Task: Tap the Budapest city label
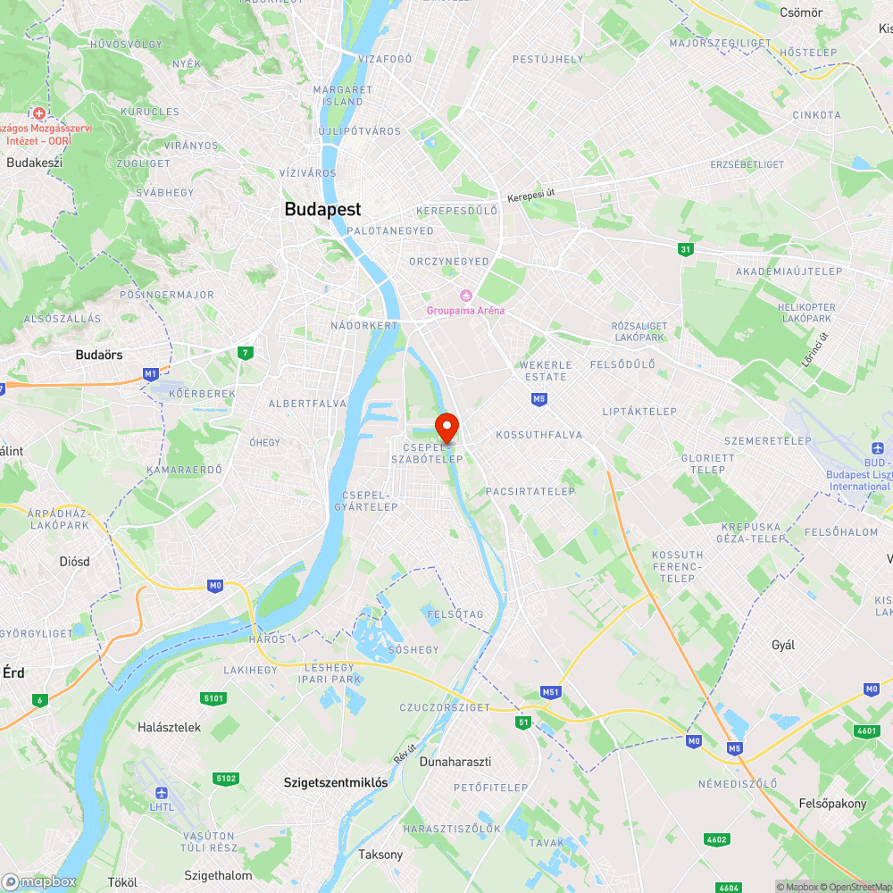tap(322, 209)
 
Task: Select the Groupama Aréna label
tap(465, 311)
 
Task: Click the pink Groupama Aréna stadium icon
tap(465, 296)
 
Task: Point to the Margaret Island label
tap(343, 96)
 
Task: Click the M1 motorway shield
tap(150, 372)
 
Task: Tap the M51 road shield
tap(550, 692)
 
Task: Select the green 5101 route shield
tap(214, 697)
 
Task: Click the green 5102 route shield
tap(226, 779)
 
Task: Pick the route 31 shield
tap(685, 249)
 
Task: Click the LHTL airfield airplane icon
tap(162, 793)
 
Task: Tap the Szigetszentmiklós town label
tap(335, 782)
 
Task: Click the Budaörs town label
tap(99, 355)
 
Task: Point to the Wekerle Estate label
tap(546, 371)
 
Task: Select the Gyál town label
tap(783, 645)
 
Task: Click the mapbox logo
tap(39, 881)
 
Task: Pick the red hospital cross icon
tap(38, 113)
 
